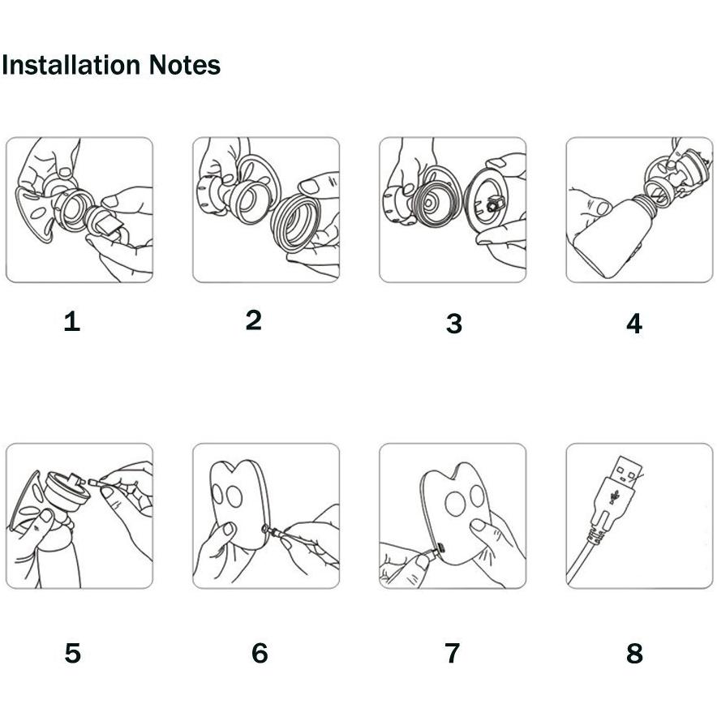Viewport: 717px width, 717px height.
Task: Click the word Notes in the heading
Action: click(185, 65)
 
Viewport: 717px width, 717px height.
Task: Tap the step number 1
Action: click(72, 321)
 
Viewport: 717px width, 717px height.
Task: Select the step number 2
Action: click(254, 320)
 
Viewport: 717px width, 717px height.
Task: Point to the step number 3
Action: click(454, 324)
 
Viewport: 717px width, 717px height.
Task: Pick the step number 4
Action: click(634, 324)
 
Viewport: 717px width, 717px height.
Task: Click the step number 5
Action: click(73, 653)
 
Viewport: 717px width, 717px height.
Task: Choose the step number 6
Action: click(260, 653)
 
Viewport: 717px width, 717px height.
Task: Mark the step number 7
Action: click(453, 653)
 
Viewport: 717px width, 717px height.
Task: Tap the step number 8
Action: click(635, 653)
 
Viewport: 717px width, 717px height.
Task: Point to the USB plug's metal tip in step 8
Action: click(626, 472)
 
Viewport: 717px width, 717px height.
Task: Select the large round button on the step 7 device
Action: click(456, 504)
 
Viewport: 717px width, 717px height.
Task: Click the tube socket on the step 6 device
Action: click(264, 529)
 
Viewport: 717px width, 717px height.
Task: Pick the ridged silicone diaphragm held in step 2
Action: click(295, 223)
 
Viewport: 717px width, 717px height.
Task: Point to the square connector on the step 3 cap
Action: click(494, 204)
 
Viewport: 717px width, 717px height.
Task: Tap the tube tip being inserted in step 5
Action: click(94, 482)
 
